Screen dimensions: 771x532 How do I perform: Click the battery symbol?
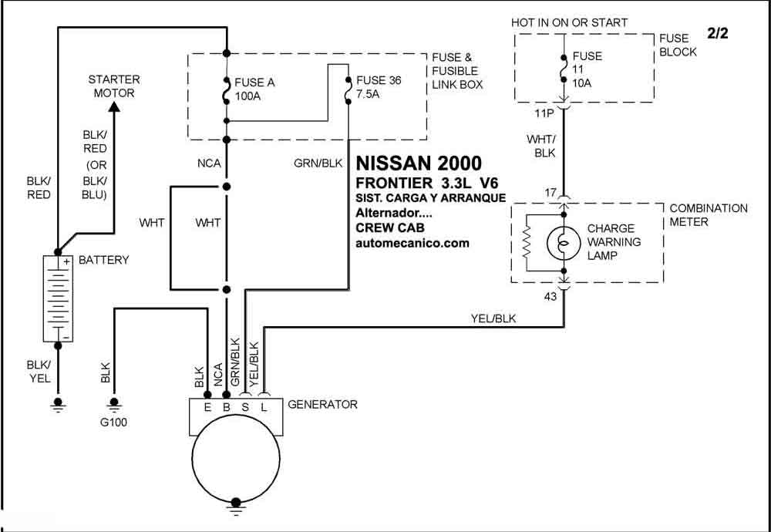pos(58,299)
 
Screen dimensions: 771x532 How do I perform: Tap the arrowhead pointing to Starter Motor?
pos(114,106)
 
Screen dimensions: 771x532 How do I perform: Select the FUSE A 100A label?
pos(254,89)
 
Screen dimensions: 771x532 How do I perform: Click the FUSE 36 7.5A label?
pos(379,87)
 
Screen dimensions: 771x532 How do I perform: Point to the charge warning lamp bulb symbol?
pos(564,242)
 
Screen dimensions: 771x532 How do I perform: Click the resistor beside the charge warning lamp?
pos(527,242)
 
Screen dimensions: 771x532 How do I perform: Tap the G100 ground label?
pos(113,422)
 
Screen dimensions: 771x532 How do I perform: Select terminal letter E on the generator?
pos(207,407)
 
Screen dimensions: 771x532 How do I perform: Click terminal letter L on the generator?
pos(264,407)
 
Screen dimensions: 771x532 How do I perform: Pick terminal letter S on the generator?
pos(245,407)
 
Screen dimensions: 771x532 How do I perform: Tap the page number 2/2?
pos(717,34)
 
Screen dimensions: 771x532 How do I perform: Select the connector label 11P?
pos(544,113)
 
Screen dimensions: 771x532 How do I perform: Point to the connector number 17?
pos(551,193)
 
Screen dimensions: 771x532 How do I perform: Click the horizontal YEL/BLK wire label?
pos(493,318)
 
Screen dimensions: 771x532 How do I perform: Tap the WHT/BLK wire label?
pos(541,146)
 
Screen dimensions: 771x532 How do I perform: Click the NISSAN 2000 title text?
pos(419,163)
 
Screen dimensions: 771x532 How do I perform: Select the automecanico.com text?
pos(412,243)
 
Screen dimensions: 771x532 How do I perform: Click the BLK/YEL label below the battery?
pos(39,371)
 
